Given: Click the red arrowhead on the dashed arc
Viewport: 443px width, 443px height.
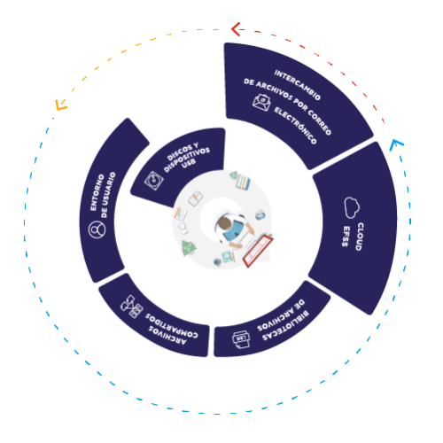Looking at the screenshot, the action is coord(237,29).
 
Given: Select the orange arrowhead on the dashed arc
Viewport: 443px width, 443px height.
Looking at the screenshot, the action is coord(61,105).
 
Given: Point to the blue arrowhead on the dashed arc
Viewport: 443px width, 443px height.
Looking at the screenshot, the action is coord(395,144).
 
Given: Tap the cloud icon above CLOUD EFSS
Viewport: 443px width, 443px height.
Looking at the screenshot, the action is coord(352,207).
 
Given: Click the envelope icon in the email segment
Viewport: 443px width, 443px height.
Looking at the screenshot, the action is coord(261,103).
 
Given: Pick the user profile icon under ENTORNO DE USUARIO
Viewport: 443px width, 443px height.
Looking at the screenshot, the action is coord(97,229).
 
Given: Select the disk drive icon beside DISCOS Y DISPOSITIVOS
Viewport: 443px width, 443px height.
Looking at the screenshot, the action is coord(154,180).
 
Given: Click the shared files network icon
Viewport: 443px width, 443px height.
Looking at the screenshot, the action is coord(132,307).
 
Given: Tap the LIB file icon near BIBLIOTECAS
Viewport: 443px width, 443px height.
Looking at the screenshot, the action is coord(241,339).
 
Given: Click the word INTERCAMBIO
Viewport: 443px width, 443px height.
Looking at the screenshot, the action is coord(297,85).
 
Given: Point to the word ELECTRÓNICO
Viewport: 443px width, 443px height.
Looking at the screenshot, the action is coord(295,126).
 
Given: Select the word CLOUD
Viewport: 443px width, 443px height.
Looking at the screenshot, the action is coord(360,237).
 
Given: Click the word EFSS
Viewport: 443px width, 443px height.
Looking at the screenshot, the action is coord(346,237).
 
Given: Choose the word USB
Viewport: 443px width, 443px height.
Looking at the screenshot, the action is coord(189,163).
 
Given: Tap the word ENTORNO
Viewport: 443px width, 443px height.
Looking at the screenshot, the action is coord(97,192).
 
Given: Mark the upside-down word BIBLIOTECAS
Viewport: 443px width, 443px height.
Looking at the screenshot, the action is coord(285,326).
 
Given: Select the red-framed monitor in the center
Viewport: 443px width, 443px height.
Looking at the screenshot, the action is coord(258,251).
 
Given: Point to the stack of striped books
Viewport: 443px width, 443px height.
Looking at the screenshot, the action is coord(243,181).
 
